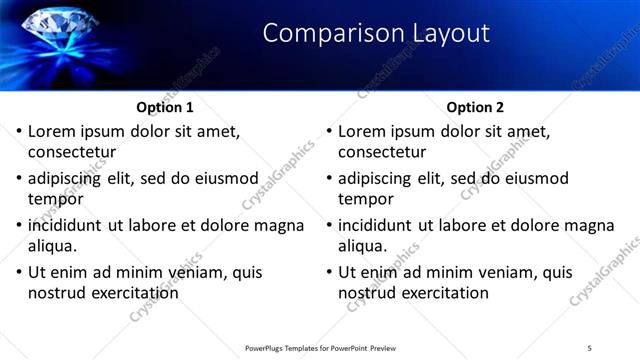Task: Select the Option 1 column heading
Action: click(x=165, y=107)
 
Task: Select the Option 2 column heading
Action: click(x=476, y=107)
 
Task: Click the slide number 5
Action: click(x=590, y=347)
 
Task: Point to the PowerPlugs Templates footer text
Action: click(x=320, y=347)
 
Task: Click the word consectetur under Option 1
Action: click(x=72, y=153)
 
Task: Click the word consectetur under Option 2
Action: click(x=382, y=153)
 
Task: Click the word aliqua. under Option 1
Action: click(x=54, y=246)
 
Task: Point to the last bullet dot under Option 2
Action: click(x=329, y=272)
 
